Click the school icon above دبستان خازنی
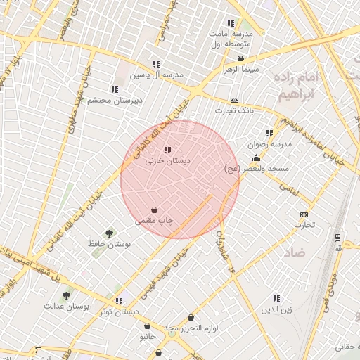pos(167,149)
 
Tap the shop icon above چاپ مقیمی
pos(154,210)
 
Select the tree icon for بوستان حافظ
pos(109,233)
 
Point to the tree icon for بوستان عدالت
pos(66,295)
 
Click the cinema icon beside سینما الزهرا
pos(240,58)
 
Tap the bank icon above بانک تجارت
pos(234,100)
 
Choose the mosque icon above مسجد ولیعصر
pos(255,157)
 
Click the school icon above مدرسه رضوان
pos(269,133)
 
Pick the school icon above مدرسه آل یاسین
pos(155,64)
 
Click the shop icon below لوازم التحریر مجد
pos(190,317)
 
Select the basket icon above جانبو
pos(147,326)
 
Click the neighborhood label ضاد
pos(295,251)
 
